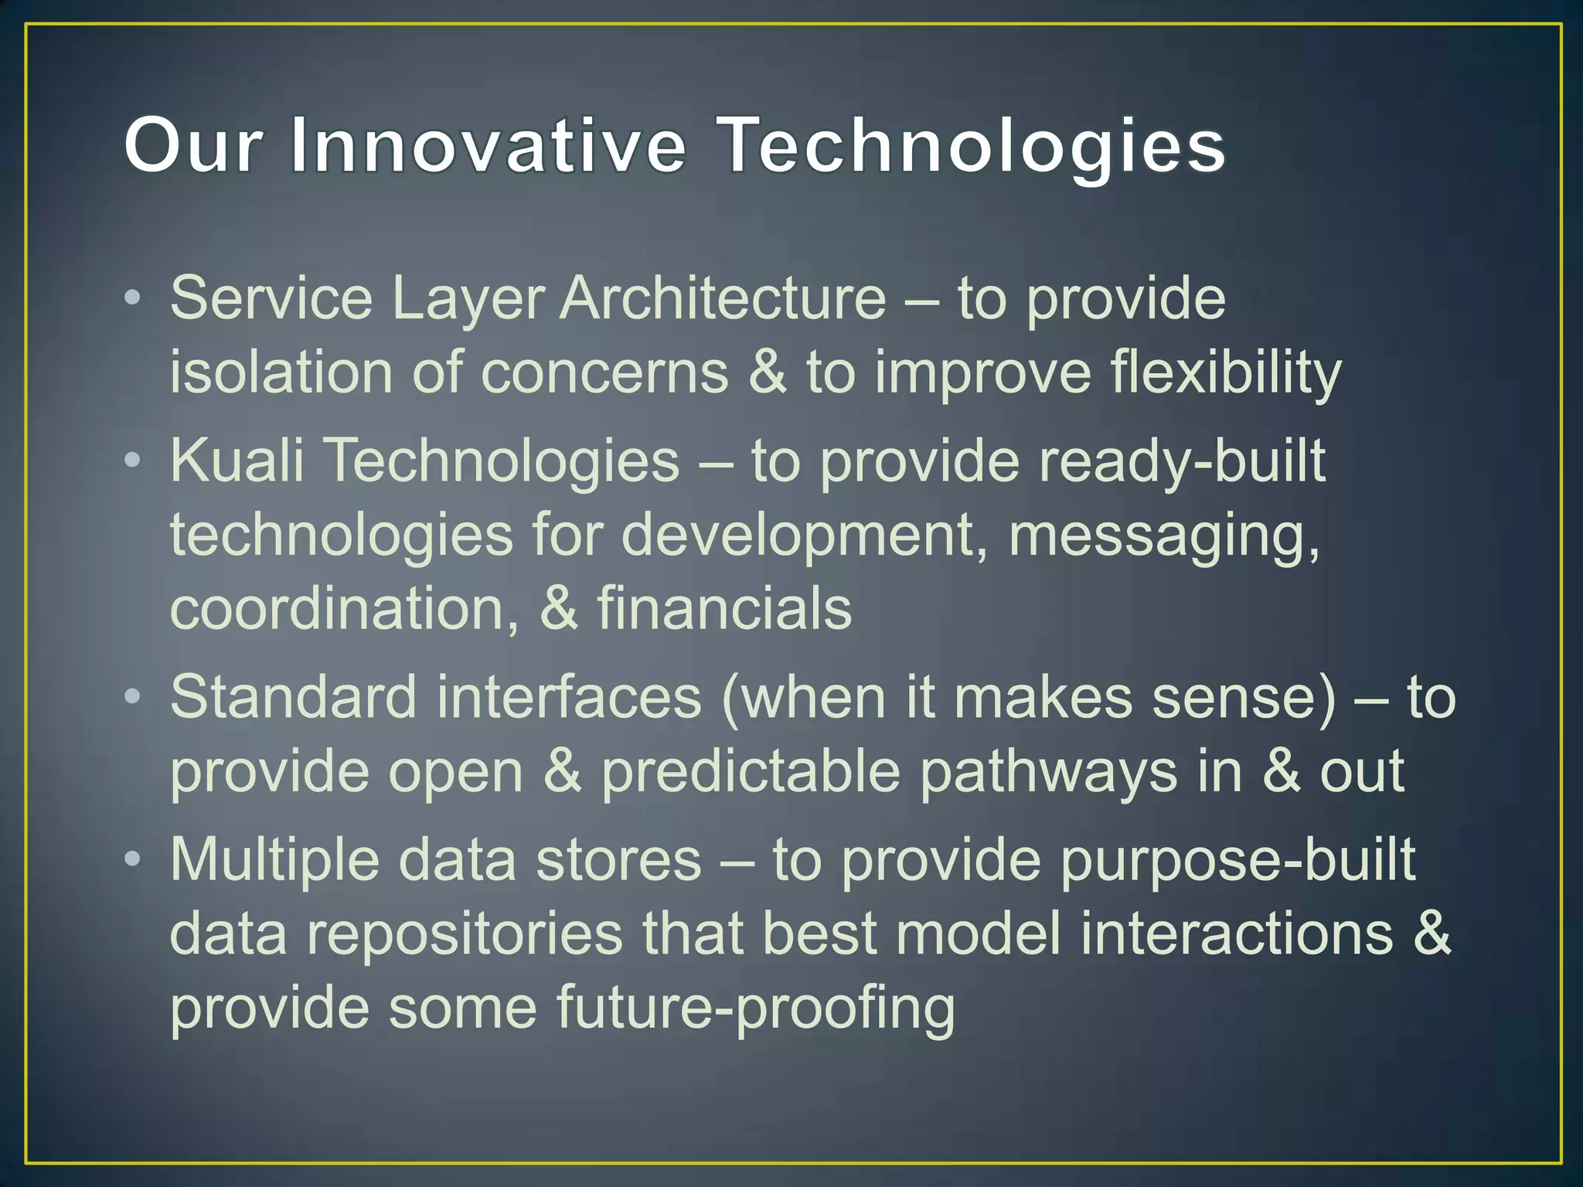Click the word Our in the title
click(191, 145)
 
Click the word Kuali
click(237, 461)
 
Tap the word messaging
click(1163, 536)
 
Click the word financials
click(724, 609)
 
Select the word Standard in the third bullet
click(293, 698)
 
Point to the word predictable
click(751, 772)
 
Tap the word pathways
click(1048, 772)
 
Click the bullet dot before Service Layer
click(133, 298)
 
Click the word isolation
click(281, 372)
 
